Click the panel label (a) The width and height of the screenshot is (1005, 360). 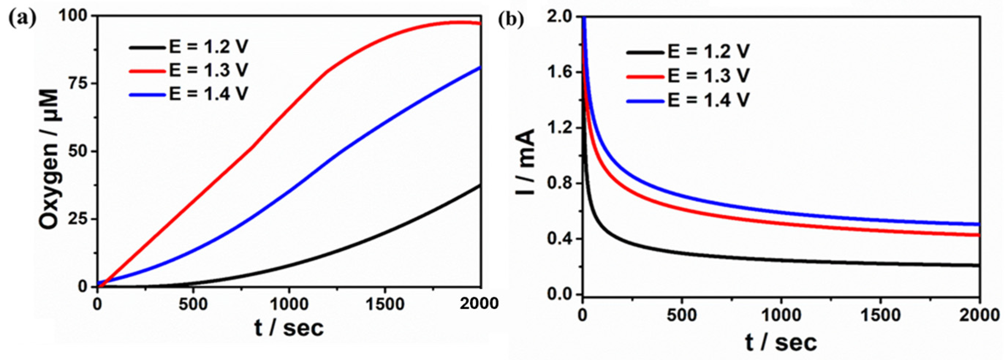pyautogui.click(x=22, y=18)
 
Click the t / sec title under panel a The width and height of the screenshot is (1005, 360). pyautogui.click(x=289, y=327)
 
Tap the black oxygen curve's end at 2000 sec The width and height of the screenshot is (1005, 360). pyautogui.click(x=480, y=185)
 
